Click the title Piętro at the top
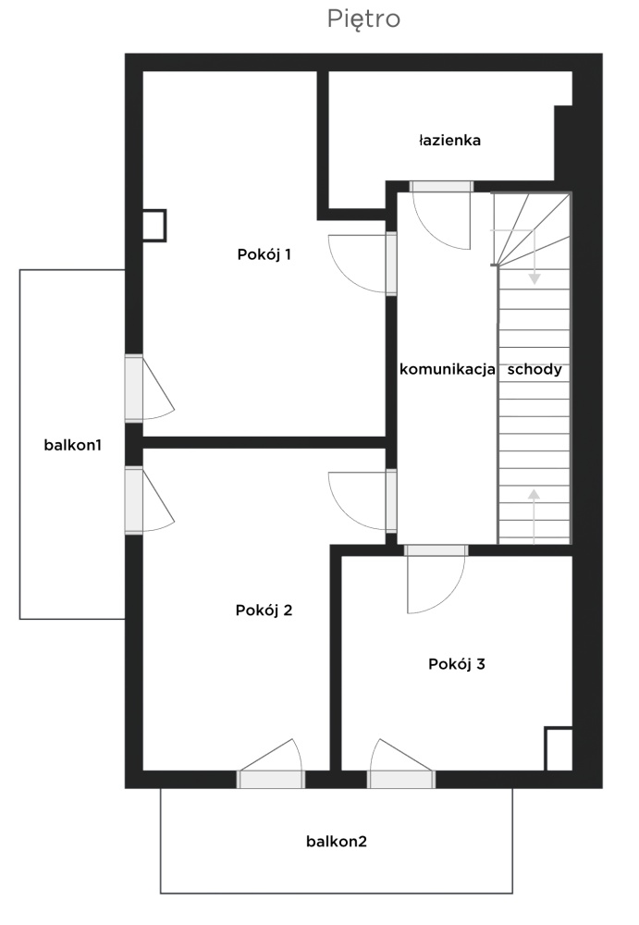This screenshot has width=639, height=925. coord(363,18)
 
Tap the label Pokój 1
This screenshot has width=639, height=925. coord(264,254)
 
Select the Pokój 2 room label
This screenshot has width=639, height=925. coord(264,610)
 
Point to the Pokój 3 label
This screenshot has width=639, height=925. coord(457,664)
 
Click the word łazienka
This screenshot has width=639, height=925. coord(449,141)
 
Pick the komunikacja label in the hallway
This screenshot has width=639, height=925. coord(448,370)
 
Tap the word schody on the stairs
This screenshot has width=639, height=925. coord(535,370)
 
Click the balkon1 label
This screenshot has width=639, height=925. coord(72,445)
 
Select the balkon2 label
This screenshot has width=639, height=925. coord(337,841)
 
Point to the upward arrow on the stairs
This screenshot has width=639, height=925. coord(534,515)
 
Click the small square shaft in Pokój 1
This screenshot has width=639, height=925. coord(154,226)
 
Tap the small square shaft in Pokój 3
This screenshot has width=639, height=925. coord(559,748)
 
